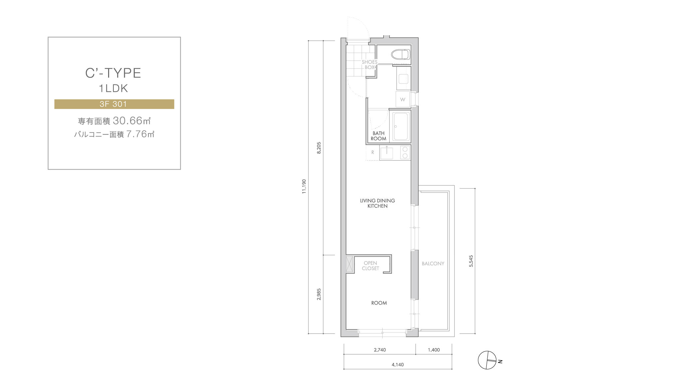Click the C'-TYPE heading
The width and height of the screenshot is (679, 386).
point(113,73)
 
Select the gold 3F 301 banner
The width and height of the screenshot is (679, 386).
point(114,104)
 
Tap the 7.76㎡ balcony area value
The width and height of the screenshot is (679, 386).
point(140,134)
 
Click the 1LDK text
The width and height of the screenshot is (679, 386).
point(113,88)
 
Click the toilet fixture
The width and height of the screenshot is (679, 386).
point(401,55)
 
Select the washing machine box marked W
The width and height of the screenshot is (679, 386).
point(403,99)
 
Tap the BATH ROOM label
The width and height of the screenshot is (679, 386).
point(379,136)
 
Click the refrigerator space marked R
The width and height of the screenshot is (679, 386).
point(373,153)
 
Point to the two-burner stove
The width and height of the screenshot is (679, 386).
point(405,153)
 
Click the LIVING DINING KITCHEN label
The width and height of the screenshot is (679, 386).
point(378,203)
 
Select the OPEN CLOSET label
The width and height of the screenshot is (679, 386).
point(370,266)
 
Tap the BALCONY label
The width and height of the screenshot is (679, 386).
point(433,264)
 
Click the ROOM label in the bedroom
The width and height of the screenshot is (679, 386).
point(379,303)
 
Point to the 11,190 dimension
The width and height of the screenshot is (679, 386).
point(304,187)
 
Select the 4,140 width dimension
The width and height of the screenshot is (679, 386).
point(398,365)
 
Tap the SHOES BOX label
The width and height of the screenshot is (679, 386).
point(370,64)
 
